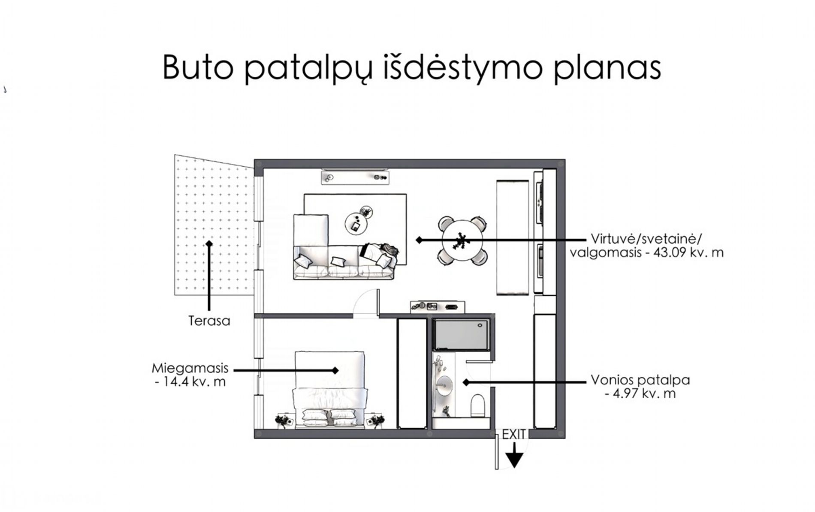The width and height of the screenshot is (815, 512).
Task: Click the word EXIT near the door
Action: click(513, 435)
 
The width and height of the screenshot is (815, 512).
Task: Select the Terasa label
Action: click(209, 321)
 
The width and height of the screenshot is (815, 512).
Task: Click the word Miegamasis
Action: click(190, 369)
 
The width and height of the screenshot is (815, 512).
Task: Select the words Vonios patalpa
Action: click(640, 380)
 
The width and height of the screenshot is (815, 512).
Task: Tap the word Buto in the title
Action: click(198, 68)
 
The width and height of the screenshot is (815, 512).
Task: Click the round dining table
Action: click(462, 241)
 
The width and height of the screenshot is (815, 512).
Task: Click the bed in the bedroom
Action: click(329, 387)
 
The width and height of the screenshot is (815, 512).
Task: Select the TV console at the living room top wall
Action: click(355, 177)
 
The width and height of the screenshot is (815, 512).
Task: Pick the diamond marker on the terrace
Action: click(209, 244)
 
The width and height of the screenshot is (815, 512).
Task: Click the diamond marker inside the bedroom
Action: click(335, 370)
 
